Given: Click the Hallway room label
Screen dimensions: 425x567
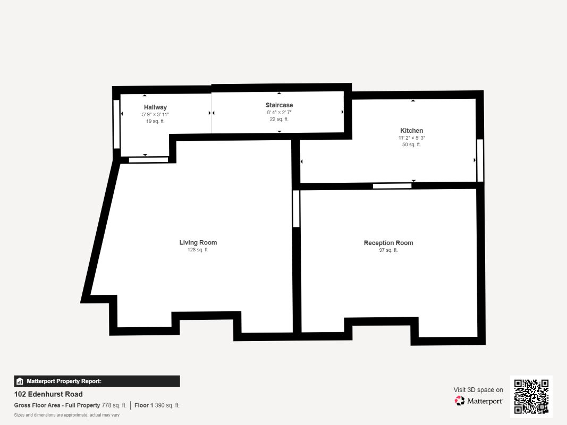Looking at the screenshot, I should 155,107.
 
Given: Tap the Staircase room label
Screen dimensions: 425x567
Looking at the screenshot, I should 279,105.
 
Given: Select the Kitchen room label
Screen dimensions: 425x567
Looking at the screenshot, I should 411,131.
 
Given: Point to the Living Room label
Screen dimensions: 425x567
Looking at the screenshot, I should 198,243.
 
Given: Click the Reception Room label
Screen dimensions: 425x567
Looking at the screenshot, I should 388,243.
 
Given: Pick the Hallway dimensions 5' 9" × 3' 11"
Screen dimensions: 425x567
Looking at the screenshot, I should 155,114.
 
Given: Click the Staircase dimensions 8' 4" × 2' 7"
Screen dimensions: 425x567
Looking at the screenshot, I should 279,112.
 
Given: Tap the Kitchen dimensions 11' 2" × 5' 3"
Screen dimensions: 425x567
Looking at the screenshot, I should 411,138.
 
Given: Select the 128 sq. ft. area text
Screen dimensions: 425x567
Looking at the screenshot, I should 198,250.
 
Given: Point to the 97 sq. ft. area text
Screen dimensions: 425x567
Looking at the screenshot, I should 388,250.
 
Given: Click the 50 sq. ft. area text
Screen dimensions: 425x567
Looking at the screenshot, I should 411,144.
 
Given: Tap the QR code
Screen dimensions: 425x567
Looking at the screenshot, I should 531,396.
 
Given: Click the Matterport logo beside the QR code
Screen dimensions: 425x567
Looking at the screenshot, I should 479,401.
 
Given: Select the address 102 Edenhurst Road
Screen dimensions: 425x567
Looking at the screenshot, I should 48,394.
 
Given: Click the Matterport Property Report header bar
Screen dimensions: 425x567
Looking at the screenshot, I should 97,381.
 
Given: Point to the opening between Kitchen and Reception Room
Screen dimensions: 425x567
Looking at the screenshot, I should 392,186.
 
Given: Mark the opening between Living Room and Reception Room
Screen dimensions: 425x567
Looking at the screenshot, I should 296,209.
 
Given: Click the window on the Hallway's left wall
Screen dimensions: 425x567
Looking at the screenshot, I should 116,124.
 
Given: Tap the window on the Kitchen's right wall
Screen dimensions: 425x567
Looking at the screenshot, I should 480,160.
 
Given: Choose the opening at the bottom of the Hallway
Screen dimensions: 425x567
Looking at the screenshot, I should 148,159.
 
